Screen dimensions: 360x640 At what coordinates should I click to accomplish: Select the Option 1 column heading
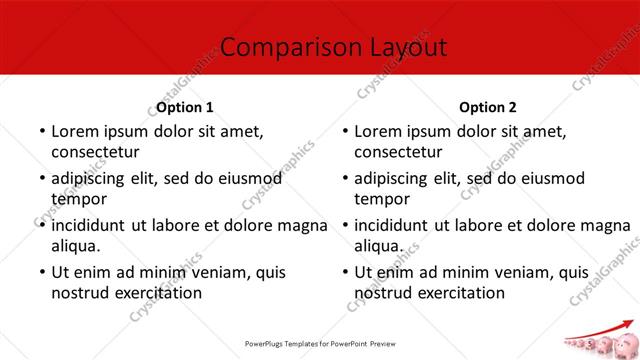coord(185,106)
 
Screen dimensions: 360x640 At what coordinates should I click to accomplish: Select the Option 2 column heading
coord(489,106)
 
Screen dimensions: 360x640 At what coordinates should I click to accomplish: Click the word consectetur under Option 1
coord(96,152)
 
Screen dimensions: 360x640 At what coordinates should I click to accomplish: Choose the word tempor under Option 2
coord(383,199)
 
